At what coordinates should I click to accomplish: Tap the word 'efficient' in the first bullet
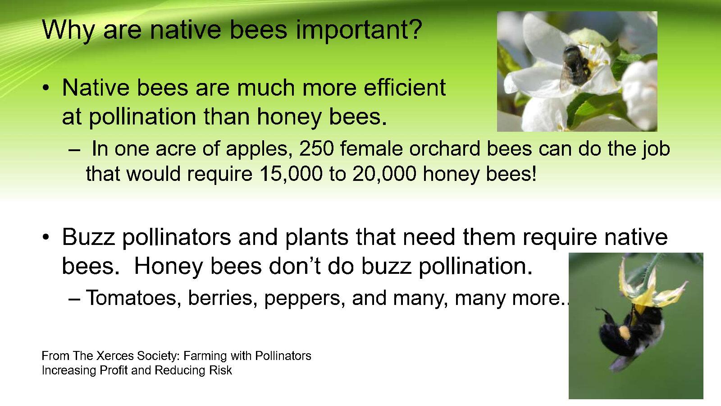405,87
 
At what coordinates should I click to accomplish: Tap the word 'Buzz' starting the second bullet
88,237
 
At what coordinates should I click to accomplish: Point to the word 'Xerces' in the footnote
115,356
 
